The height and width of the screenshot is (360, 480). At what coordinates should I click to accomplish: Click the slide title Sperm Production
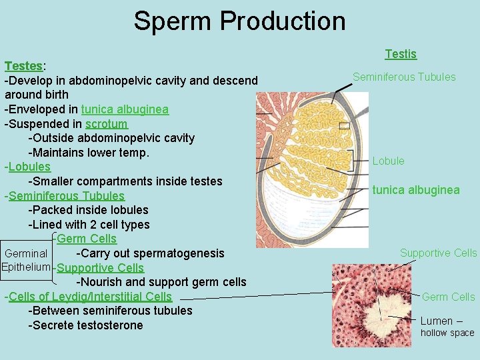tap(239, 21)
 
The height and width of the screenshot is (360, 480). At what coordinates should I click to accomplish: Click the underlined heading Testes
tap(23, 66)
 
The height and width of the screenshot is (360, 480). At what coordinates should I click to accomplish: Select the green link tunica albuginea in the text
tap(125, 109)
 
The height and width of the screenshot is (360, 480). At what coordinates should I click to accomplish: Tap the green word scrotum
tap(106, 124)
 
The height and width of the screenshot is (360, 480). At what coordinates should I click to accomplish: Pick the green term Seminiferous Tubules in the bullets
tap(67, 196)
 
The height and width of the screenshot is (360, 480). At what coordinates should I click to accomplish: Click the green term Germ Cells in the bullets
tap(87, 239)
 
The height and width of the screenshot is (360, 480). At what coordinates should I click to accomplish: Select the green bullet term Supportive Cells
tap(100, 268)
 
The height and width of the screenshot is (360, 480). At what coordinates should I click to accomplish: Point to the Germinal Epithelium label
tap(26, 260)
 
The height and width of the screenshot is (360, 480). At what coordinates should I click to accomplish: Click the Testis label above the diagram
tap(401, 54)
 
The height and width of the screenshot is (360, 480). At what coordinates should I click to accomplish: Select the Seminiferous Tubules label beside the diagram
tap(404, 77)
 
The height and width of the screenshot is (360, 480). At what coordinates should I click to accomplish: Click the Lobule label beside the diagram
tap(388, 161)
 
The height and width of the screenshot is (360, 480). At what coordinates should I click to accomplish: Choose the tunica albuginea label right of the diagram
tap(416, 190)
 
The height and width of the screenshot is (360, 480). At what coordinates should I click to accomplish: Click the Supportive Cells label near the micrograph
tap(438, 253)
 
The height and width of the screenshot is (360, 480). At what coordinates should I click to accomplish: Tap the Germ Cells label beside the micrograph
tap(449, 297)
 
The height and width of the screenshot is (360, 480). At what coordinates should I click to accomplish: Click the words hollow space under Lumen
tap(447, 333)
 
